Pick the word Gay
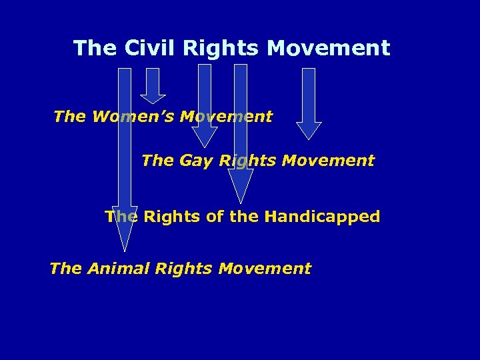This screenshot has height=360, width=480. pos(196,161)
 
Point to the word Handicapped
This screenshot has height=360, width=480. pos(322,217)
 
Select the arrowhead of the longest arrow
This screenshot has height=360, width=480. pos(125,230)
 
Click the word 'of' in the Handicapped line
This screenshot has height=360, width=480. pos(214,217)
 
